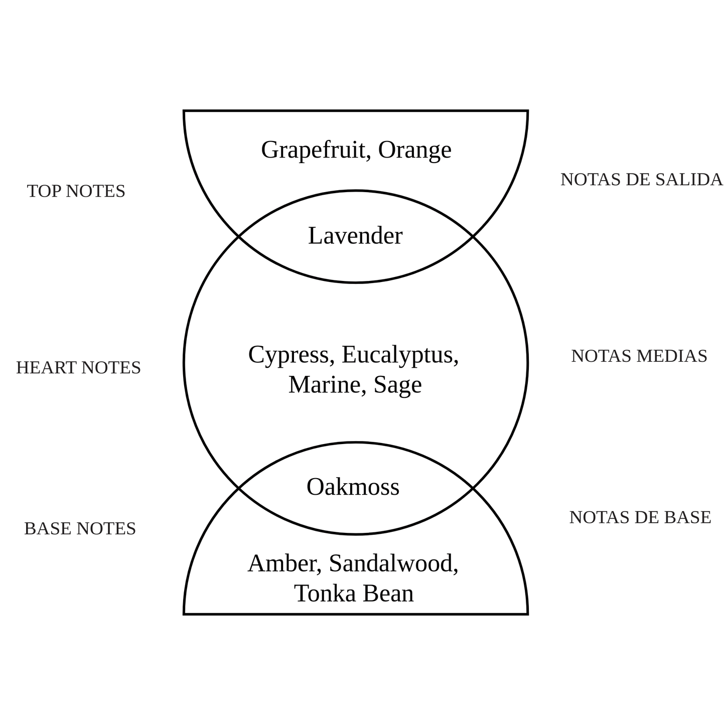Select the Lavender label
pos(356,236)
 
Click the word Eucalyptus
pos(400,355)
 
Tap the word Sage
pos(398,386)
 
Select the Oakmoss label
pos(353,487)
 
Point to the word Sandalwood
pos(393,563)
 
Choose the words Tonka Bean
pos(354,594)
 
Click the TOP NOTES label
pos(76,191)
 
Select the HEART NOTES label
pos(78,368)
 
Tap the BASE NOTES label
pos(80,529)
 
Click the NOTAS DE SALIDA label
pos(642,180)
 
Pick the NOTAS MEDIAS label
pos(639,356)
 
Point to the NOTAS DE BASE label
pos(640,517)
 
